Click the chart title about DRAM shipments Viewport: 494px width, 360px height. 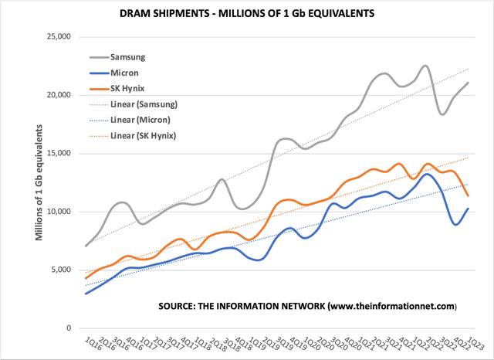click(246, 13)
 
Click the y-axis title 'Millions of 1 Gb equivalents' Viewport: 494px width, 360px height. click(39, 182)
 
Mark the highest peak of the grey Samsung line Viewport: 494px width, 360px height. click(425, 66)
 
